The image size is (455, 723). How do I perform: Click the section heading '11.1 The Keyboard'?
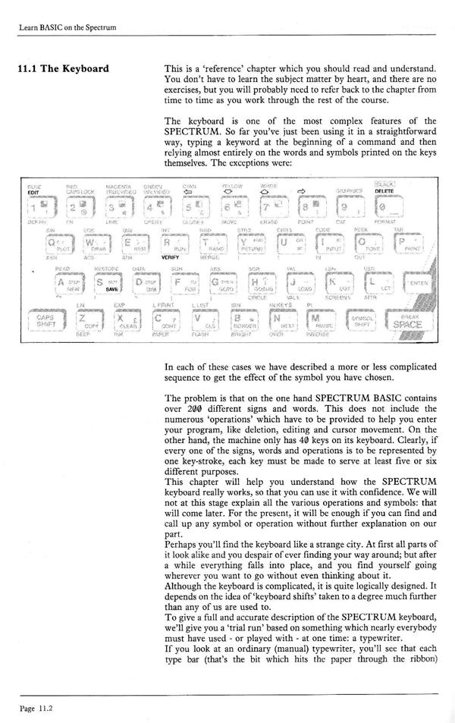[63, 70]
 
